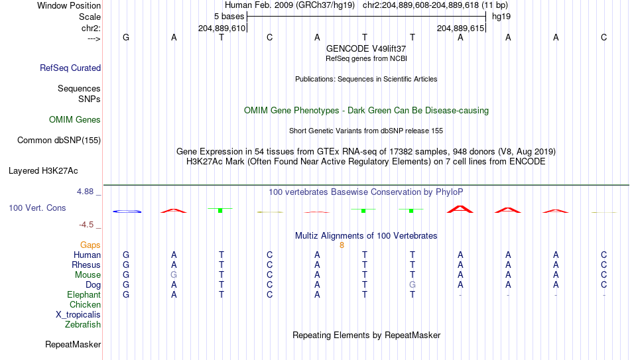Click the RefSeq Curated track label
[70, 68]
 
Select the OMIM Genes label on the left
[75, 120]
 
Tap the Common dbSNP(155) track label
[59, 141]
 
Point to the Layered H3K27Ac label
[43, 171]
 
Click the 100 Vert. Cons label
[37, 208]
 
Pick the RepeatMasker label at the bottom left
[73, 344]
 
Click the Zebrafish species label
[83, 324]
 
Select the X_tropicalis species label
[78, 315]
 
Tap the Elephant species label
[84, 294]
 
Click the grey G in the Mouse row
[174, 275]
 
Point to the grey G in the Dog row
[412, 285]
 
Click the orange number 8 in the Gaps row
[342, 245]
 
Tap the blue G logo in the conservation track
[127, 211]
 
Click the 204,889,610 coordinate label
[221, 28]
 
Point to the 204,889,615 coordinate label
[460, 28]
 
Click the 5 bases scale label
[229, 17]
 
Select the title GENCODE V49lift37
[366, 48]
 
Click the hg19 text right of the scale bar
[501, 17]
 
